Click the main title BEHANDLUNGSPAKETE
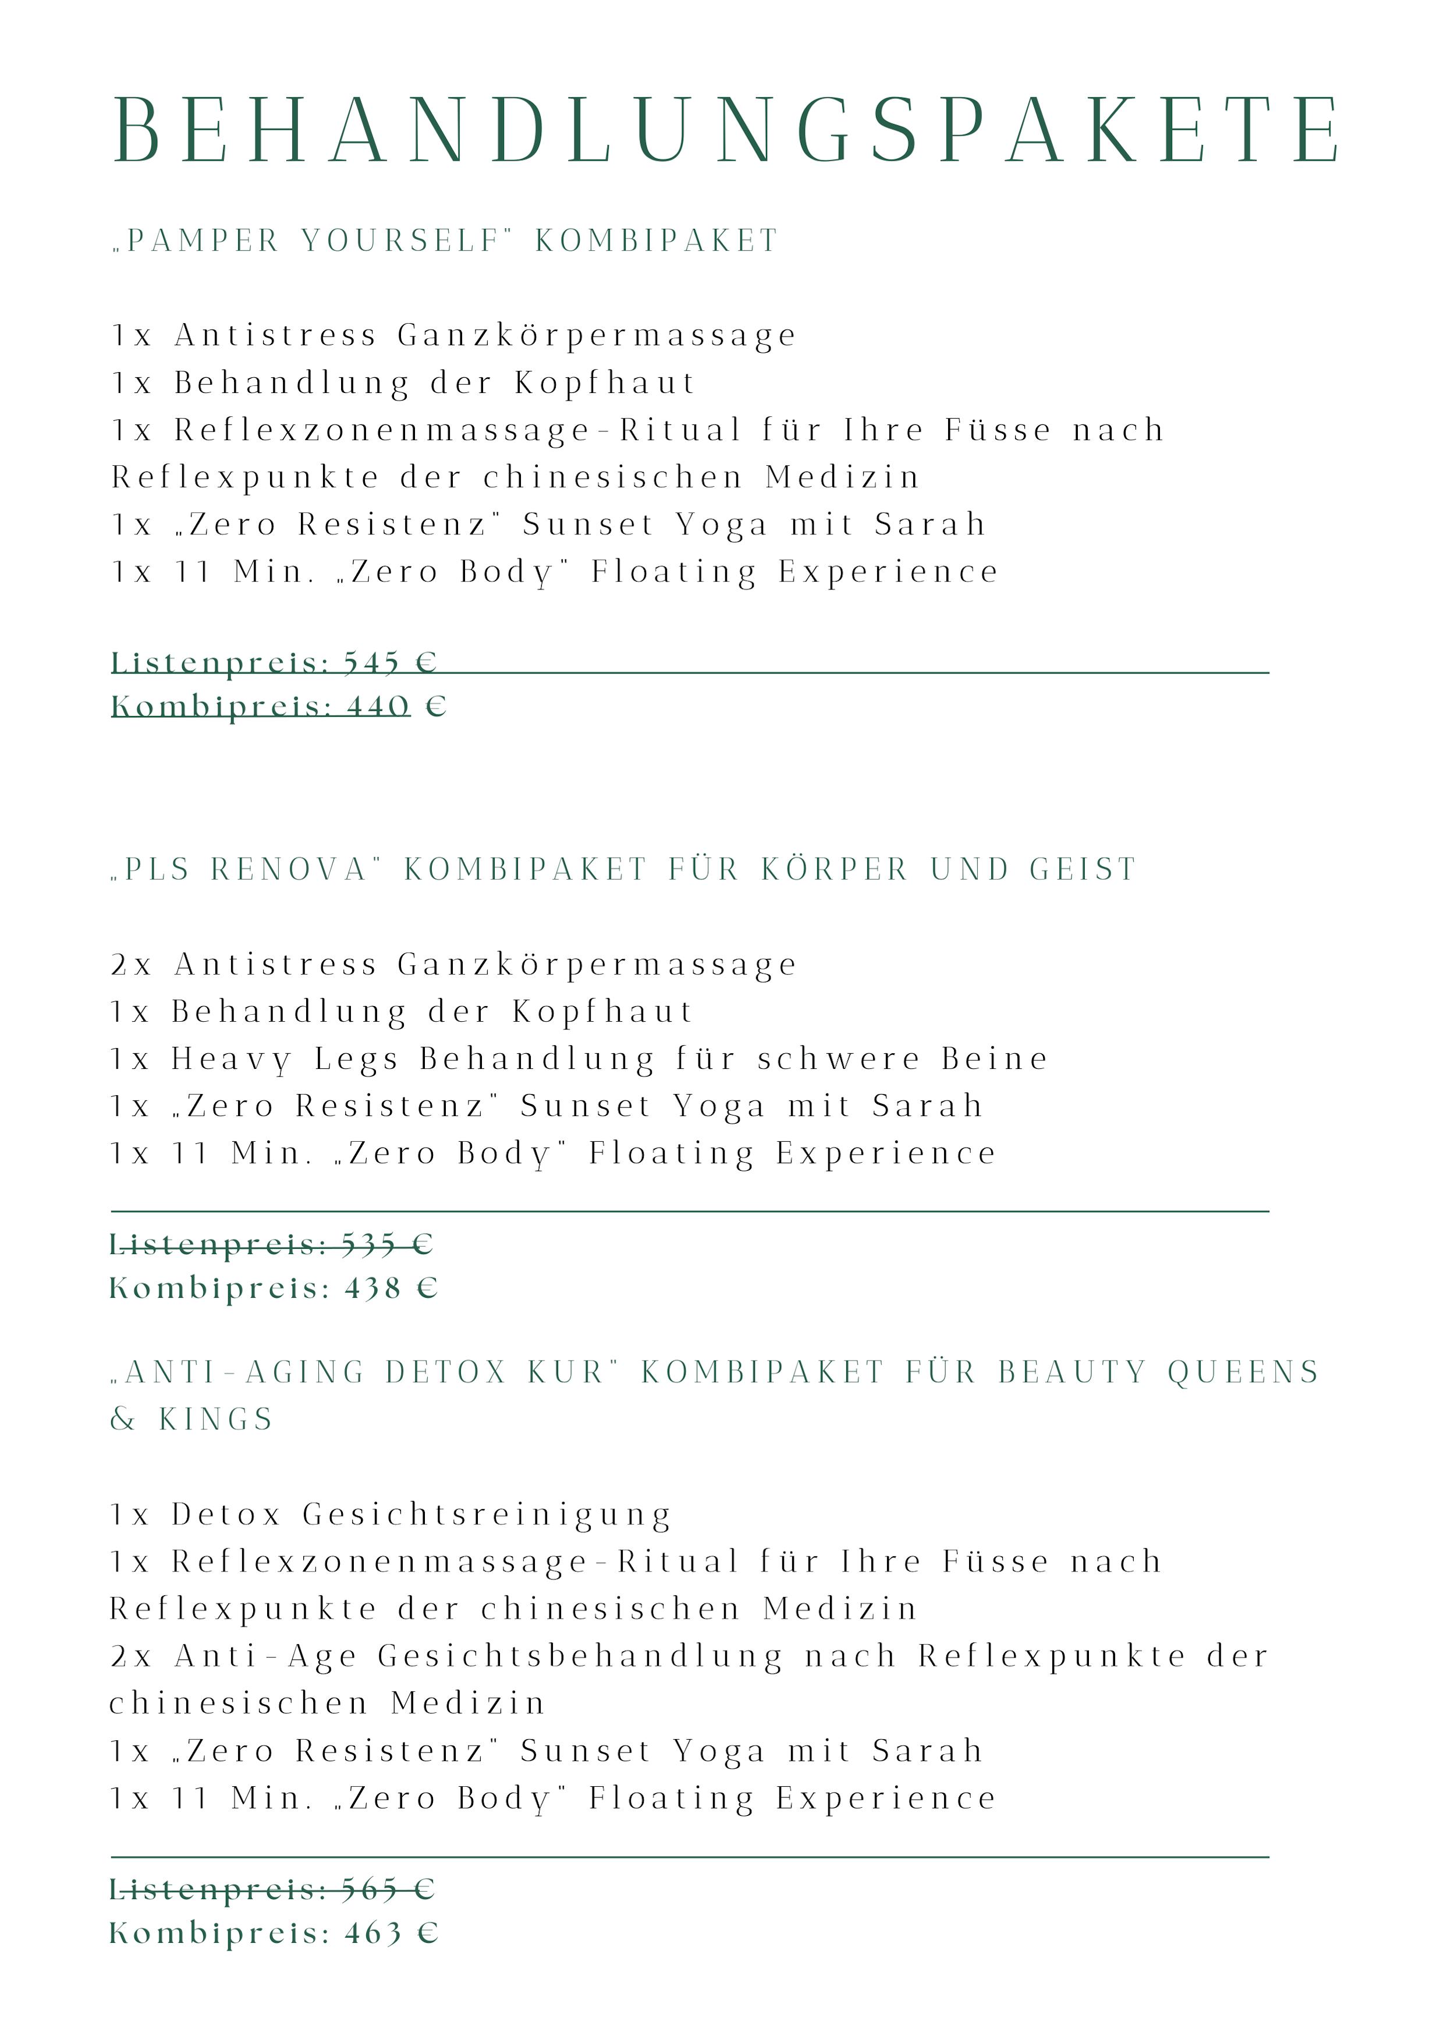click(725, 131)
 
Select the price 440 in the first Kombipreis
click(378, 706)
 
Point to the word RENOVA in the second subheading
click(289, 869)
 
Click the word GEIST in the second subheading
click(1083, 869)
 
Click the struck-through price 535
click(368, 1244)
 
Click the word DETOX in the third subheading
click(446, 1372)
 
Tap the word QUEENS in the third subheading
click(1243, 1372)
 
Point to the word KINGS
click(216, 1419)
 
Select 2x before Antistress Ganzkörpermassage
click(132, 965)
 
